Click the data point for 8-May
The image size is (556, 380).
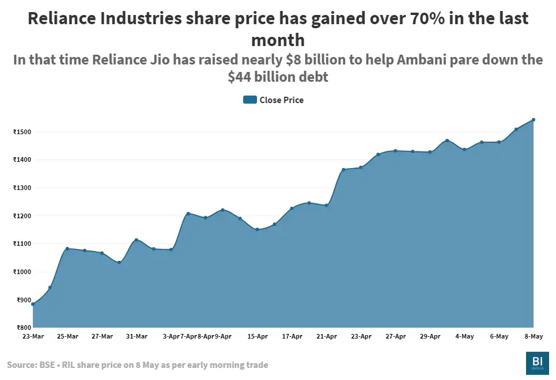(534, 120)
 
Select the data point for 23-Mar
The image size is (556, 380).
(33, 304)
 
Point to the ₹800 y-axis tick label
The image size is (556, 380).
(22, 328)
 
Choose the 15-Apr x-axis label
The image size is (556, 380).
(258, 336)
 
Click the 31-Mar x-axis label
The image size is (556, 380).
(137, 336)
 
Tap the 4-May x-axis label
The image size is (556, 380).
(464, 336)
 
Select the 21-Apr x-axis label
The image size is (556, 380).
(327, 336)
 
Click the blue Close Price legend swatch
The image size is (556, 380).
(249, 100)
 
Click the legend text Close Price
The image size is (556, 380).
(281, 100)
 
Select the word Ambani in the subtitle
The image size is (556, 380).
(414, 60)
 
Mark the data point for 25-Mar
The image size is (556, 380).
(67, 249)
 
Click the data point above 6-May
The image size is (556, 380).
(499, 142)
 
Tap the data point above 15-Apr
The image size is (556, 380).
(258, 230)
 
